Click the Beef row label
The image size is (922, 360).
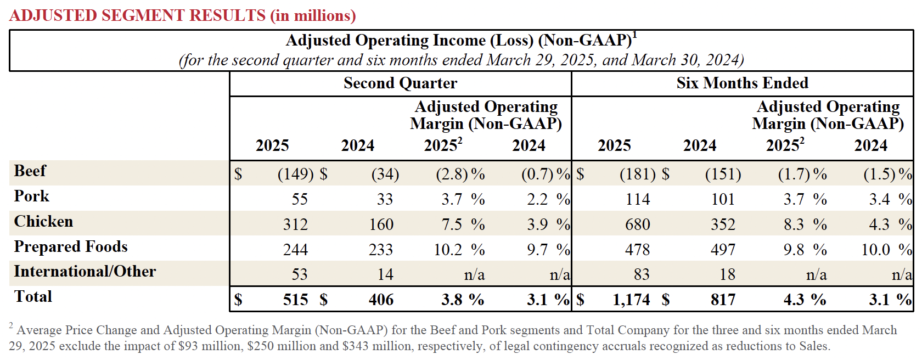click(30, 171)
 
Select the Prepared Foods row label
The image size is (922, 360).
click(71, 247)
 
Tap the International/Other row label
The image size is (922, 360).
click(85, 272)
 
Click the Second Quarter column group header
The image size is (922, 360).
click(400, 83)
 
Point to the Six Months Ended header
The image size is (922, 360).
click(742, 83)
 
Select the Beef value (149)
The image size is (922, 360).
click(295, 175)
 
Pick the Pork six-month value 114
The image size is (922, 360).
click(638, 199)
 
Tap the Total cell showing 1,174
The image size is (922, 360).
click(631, 300)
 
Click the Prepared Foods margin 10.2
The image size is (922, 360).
click(448, 250)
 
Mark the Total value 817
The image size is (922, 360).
click(723, 300)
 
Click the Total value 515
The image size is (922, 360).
click(296, 300)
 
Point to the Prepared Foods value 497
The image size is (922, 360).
click(723, 250)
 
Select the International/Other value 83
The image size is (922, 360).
click(642, 274)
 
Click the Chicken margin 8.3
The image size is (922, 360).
click(794, 224)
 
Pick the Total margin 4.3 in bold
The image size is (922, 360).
click(794, 300)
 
